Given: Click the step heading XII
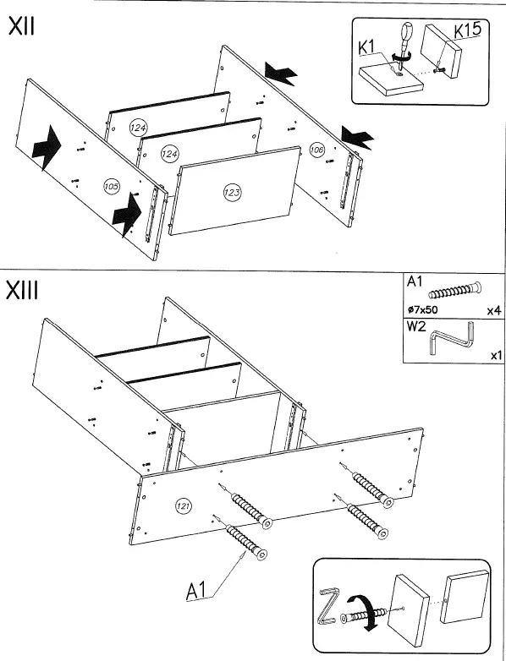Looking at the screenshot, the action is click(x=21, y=27).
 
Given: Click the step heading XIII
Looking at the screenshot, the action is click(x=22, y=291).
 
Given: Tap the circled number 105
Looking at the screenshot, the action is click(x=112, y=186).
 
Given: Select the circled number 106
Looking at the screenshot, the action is click(x=317, y=150).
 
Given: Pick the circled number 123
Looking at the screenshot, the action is click(x=232, y=193).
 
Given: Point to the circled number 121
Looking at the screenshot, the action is click(x=183, y=505).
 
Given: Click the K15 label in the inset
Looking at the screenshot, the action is click(x=467, y=30).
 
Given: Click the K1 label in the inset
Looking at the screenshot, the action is click(x=366, y=47).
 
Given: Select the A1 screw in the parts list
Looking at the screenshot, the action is click(x=455, y=291).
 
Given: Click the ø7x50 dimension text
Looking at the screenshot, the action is click(x=423, y=310).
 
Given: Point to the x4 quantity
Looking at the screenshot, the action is click(x=494, y=311).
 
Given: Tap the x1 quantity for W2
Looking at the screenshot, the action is click(x=496, y=355).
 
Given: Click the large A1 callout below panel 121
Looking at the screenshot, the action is click(x=196, y=591).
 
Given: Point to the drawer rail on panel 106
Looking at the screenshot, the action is click(x=346, y=181).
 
